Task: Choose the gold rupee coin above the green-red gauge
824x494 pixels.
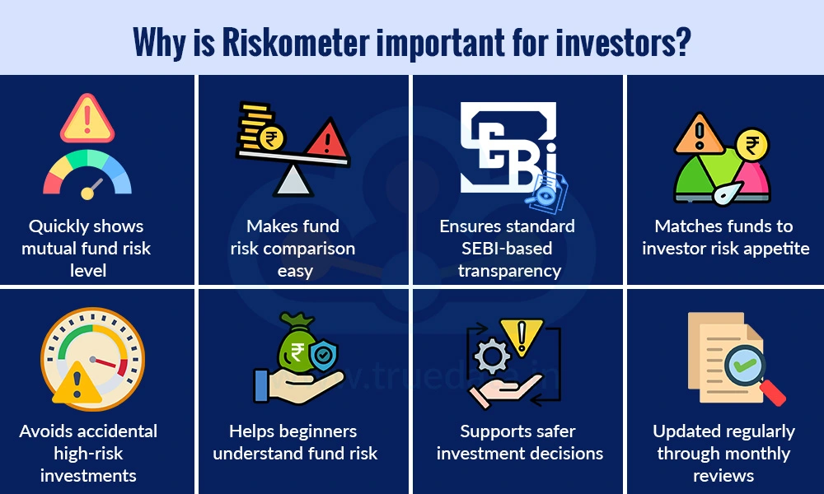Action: pos(751,146)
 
